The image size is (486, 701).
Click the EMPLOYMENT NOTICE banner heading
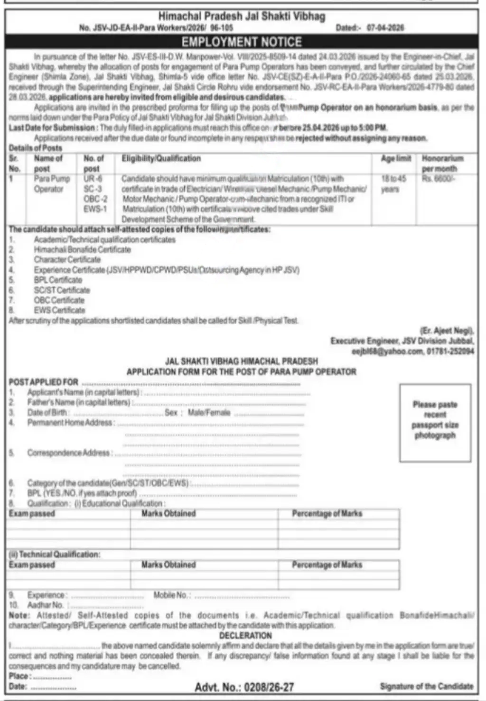(242, 42)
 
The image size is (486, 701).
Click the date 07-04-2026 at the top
(385, 28)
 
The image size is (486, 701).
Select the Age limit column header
(395, 158)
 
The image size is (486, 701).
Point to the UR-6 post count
(93, 179)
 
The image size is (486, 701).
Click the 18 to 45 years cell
(393, 184)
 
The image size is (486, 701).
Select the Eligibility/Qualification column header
(161, 158)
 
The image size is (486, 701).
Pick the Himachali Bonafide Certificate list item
(82, 249)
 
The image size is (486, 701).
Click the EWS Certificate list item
(59, 310)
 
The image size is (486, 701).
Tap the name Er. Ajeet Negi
(447, 331)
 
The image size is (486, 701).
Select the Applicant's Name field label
(84, 392)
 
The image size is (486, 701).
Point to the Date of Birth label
(47, 412)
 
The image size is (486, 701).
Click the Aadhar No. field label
(46, 605)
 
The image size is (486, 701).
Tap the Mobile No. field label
(172, 595)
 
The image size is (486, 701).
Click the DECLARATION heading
(245, 635)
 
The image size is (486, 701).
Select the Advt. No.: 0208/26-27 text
(244, 687)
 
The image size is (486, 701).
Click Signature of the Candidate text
(427, 686)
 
